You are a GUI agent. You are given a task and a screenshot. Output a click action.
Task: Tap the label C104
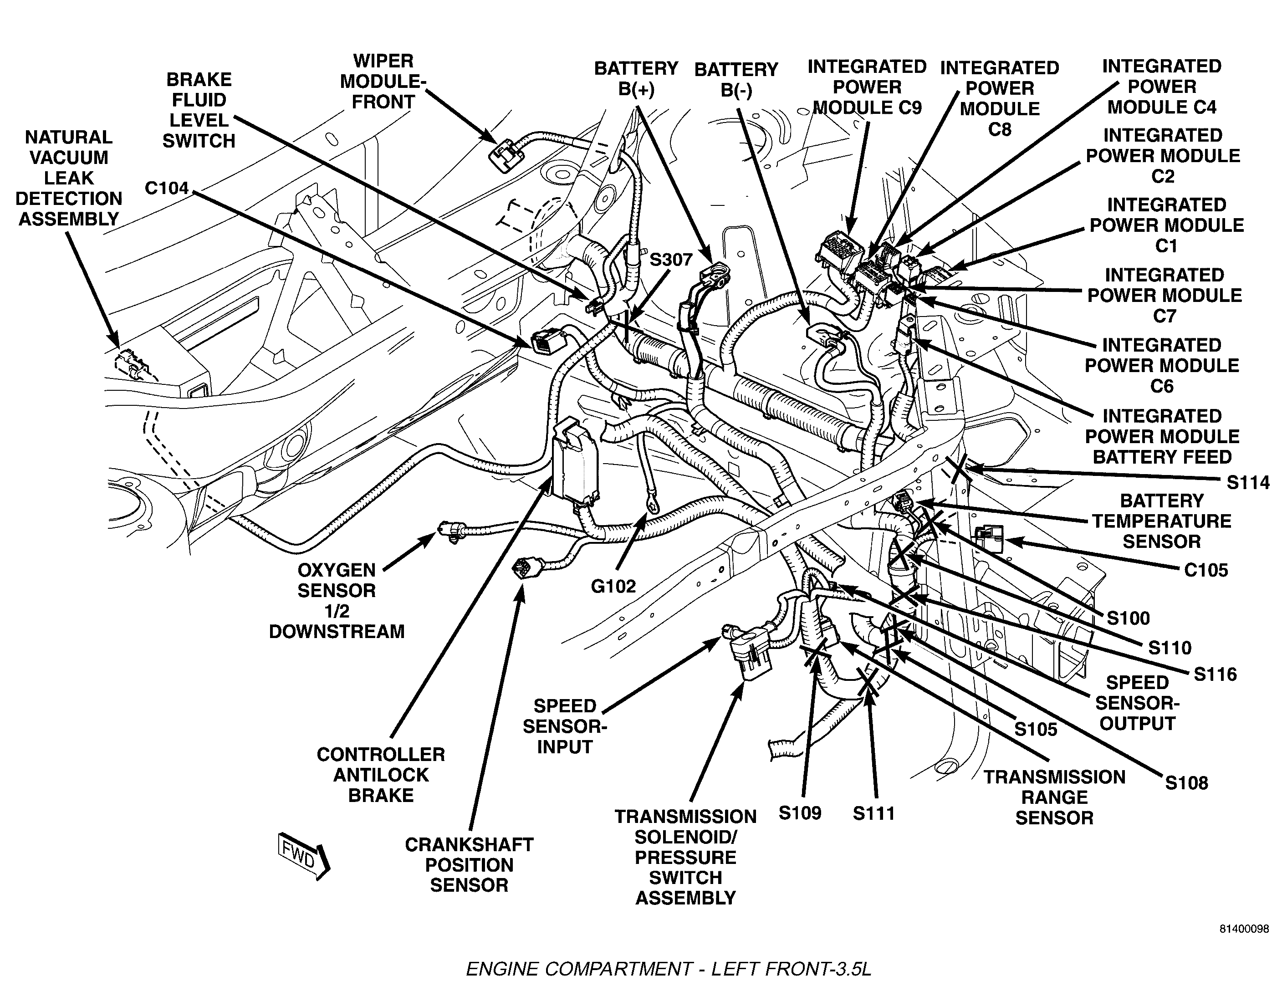[167, 189]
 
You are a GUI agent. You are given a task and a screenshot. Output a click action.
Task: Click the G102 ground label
[613, 586]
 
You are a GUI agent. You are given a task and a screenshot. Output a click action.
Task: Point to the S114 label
[1248, 483]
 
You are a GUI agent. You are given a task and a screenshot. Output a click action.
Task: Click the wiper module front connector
[506, 156]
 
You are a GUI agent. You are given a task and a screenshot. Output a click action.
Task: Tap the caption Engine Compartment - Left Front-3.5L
[669, 969]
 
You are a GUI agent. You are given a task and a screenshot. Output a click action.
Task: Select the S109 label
[800, 812]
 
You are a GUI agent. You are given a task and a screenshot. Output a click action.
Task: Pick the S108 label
[1186, 782]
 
